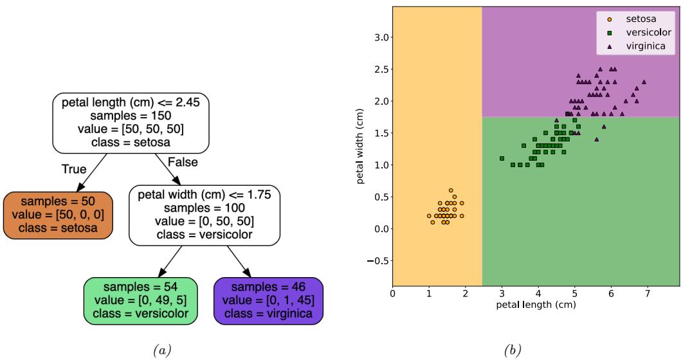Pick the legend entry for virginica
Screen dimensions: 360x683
[x=635, y=46]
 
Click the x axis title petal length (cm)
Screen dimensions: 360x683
[x=536, y=305]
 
